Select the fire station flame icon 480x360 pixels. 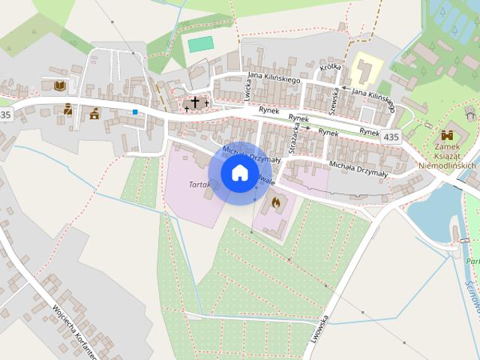[275, 202]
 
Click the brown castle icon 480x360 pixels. [448, 135]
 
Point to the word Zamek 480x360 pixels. [448, 148]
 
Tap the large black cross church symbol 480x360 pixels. [195, 102]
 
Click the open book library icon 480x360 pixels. [60, 85]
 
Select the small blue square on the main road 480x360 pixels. [135, 112]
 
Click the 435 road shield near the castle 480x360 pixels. [391, 137]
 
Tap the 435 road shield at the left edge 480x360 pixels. [6, 115]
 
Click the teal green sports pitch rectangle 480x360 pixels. [200, 44]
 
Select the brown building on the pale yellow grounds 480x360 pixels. [367, 70]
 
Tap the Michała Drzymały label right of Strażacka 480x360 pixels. [358, 169]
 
